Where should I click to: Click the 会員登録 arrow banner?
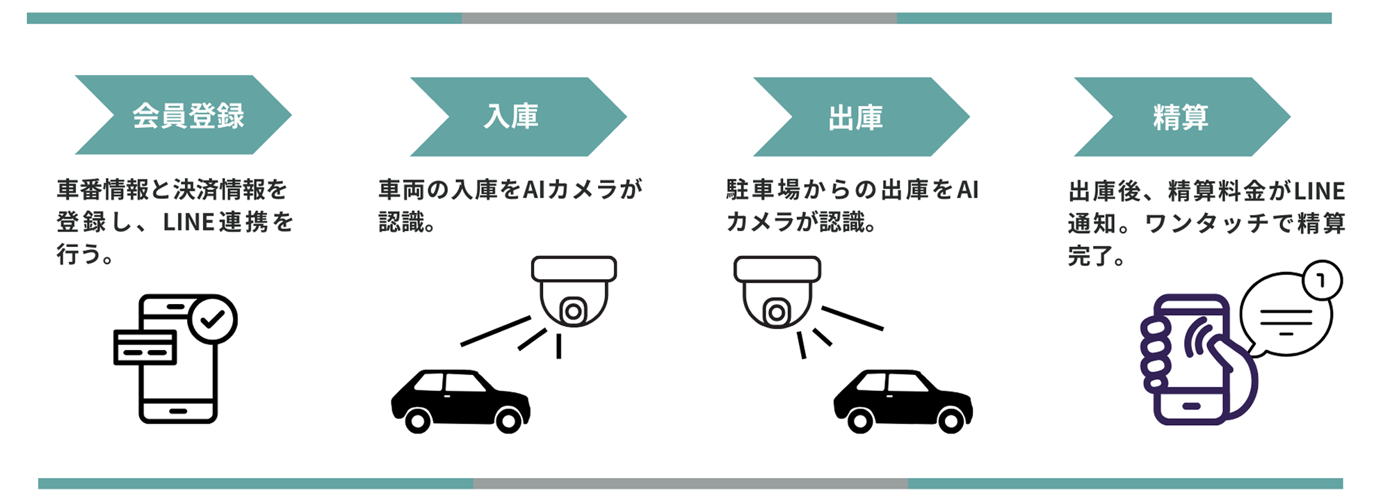[184, 115]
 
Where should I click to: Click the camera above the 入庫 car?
[574, 292]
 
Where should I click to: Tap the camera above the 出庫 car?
[777, 292]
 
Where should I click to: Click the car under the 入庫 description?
[460, 400]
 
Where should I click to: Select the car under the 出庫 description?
[903, 400]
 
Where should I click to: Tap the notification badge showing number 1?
[1321, 280]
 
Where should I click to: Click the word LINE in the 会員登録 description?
[188, 223]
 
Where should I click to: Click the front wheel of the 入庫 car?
[418, 420]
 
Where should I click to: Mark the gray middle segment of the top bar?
[679, 18]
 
